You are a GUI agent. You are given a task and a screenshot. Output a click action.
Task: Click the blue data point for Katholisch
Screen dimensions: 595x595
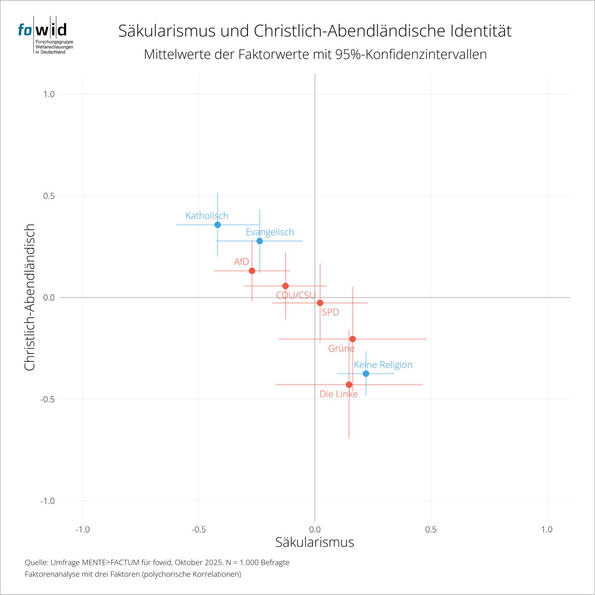(217, 225)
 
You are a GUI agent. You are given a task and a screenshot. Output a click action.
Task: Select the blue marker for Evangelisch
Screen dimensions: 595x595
(259, 241)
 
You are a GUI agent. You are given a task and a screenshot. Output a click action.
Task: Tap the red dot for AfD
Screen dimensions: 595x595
(252, 271)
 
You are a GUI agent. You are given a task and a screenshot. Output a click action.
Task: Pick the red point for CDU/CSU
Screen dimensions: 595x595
(285, 286)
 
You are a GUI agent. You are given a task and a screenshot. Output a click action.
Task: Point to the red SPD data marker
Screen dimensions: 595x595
(320, 303)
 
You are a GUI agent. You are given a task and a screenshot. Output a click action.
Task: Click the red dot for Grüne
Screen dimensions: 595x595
(353, 339)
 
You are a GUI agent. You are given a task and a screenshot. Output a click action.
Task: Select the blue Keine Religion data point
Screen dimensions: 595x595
(366, 374)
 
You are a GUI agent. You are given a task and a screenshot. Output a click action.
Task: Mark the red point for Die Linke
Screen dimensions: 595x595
(349, 385)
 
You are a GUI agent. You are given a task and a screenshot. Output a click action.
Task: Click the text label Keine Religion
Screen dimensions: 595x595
(383, 365)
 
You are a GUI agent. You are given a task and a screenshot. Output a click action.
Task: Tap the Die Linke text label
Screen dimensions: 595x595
(339, 395)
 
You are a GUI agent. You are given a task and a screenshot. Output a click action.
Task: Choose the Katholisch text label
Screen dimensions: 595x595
(207, 216)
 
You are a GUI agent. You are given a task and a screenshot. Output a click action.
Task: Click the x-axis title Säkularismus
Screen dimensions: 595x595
(315, 542)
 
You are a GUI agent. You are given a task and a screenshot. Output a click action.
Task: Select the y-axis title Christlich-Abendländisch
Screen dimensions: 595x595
(30, 297)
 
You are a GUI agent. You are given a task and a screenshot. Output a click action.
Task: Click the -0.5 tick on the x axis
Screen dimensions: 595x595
(198, 530)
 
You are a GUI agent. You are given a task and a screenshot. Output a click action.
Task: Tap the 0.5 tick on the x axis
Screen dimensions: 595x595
(431, 530)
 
